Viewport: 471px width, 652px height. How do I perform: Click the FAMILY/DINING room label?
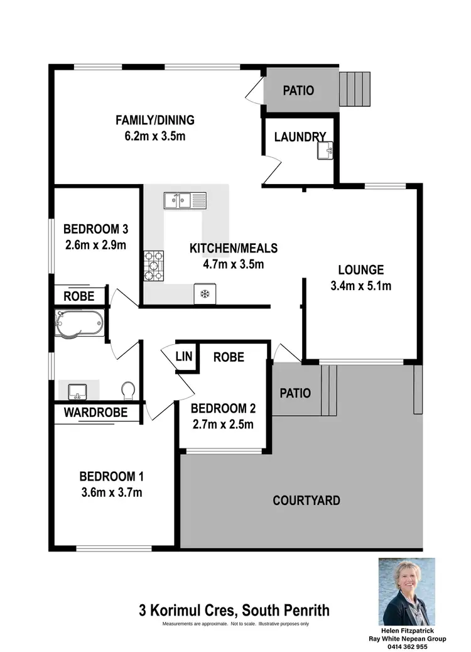click(154, 120)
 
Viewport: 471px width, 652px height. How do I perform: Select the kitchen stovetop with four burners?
click(154, 266)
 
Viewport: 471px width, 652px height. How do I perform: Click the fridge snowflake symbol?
click(205, 294)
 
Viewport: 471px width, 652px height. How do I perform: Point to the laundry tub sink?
click(325, 150)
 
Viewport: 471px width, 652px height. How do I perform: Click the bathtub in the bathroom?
click(78, 323)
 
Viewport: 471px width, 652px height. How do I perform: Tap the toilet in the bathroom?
click(128, 391)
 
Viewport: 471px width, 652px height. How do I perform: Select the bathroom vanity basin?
click(77, 390)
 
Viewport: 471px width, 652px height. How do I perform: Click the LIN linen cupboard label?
click(183, 357)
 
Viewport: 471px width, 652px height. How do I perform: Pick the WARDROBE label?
click(95, 413)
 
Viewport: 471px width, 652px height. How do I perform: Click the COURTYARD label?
click(306, 501)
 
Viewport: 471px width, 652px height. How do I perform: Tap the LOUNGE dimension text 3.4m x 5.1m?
click(360, 286)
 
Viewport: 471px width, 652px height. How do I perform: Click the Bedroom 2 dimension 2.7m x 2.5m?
click(223, 424)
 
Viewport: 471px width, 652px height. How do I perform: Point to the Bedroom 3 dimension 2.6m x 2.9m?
click(95, 244)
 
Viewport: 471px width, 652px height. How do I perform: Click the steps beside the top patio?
click(355, 89)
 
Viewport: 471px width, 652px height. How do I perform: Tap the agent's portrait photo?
click(406, 592)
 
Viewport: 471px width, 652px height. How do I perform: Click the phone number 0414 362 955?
click(406, 646)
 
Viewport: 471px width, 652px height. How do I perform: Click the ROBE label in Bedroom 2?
click(229, 357)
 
